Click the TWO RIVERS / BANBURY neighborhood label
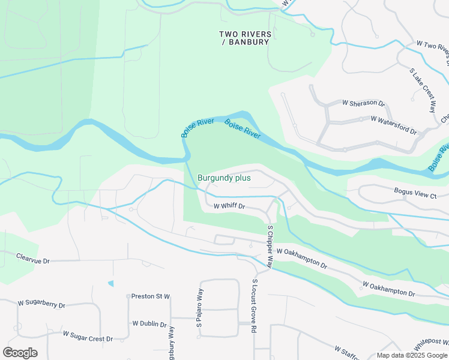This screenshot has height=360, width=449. (245, 38)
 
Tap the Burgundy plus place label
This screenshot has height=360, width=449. (224, 178)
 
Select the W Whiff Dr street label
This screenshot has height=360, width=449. (230, 206)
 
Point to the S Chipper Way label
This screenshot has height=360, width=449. (270, 247)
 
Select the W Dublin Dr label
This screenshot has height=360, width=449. (149, 324)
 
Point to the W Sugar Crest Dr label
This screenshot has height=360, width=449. (88, 337)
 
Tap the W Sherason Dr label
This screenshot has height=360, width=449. (363, 103)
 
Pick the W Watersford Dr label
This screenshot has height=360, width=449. (393, 124)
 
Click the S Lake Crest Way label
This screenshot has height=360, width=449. (423, 91)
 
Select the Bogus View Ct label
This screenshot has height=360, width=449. (415, 196)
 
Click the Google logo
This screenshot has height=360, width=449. (20, 352)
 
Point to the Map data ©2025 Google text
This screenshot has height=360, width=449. (411, 355)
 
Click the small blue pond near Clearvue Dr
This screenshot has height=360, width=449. (110, 283)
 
